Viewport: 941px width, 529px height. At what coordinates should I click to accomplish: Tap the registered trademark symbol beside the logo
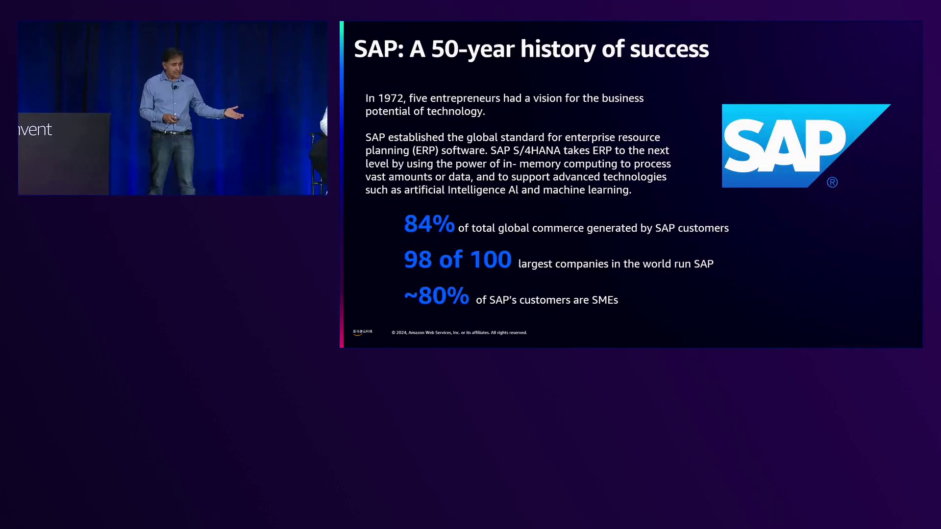click(x=832, y=183)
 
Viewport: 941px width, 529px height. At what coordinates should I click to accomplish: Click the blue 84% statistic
click(x=429, y=224)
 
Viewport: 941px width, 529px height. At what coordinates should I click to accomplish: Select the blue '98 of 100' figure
click(x=458, y=260)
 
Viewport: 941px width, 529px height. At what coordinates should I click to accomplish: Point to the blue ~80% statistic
click(x=437, y=296)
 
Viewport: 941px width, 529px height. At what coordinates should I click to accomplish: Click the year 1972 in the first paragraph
click(x=391, y=98)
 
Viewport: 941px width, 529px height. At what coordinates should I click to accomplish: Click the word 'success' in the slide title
click(x=669, y=49)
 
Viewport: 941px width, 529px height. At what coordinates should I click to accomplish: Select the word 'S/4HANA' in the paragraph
click(x=537, y=150)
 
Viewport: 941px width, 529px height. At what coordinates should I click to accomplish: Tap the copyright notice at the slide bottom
click(x=459, y=333)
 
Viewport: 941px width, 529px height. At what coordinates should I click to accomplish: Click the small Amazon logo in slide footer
click(x=363, y=332)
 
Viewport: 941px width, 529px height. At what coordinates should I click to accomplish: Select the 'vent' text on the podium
click(x=35, y=130)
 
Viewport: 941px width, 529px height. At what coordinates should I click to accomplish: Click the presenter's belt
click(x=171, y=132)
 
